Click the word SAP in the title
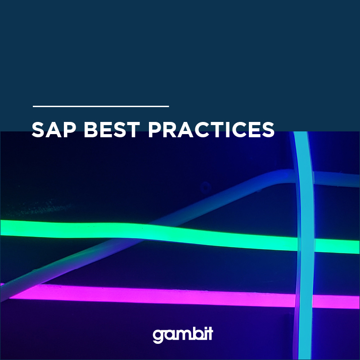[x=54, y=130]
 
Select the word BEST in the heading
[x=112, y=130]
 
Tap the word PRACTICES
[x=211, y=130]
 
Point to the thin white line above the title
[x=101, y=106]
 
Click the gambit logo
[x=183, y=335]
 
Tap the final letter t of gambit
[x=210, y=333]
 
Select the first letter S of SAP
[x=38, y=130]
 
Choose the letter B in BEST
[x=91, y=130]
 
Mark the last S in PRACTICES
[x=268, y=130]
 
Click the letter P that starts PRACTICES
[x=155, y=130]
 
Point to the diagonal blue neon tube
[x=147, y=229]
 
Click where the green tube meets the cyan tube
[x=306, y=245]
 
